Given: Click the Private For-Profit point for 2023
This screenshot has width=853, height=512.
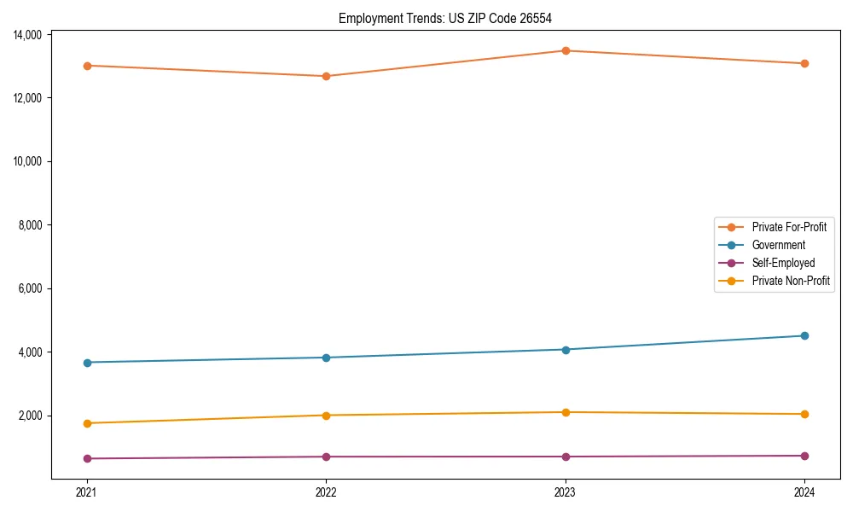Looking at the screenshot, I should (565, 50).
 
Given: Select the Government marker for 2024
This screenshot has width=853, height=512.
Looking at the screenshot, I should (804, 335).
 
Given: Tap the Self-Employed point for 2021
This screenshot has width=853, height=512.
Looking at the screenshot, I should (86, 458).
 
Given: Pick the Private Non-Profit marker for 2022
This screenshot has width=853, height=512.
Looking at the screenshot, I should (326, 416).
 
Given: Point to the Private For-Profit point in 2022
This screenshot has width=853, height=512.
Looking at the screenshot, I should (326, 76).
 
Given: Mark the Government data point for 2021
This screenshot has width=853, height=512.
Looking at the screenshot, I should (86, 363).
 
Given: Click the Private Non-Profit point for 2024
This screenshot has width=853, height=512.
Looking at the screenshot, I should (804, 414).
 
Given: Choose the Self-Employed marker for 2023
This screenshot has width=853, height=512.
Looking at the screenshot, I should (565, 457).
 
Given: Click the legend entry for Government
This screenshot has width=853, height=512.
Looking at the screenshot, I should (778, 245).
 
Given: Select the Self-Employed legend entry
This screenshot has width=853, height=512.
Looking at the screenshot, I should (783, 263).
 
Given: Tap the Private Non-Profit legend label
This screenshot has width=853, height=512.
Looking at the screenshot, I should (791, 281).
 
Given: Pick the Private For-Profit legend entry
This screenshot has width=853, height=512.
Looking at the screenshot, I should (789, 227).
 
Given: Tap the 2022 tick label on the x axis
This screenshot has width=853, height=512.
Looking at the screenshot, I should (326, 492).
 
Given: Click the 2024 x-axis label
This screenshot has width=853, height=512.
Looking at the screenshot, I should (804, 492).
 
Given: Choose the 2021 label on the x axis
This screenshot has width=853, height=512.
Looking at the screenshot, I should (86, 492).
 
